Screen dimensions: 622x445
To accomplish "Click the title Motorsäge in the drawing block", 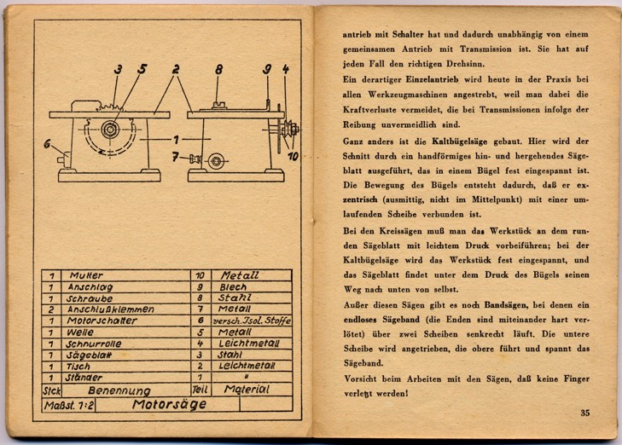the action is [x=169, y=404].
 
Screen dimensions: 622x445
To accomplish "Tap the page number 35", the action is [x=585, y=413].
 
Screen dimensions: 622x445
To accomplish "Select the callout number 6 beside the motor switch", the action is [x=47, y=143].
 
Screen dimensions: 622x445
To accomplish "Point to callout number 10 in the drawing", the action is [x=294, y=157].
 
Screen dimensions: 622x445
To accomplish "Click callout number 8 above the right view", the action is [x=219, y=70].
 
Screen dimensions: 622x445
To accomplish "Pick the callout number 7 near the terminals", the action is [x=175, y=157].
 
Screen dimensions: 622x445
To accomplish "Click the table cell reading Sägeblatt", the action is [x=89, y=355].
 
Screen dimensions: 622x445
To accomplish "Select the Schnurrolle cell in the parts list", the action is [x=94, y=344].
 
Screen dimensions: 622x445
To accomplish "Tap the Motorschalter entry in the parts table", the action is [x=102, y=321].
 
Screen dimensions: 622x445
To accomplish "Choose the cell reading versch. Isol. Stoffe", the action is [x=252, y=321].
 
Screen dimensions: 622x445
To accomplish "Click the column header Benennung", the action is [x=119, y=390].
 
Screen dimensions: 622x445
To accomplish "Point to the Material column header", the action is [x=247, y=390].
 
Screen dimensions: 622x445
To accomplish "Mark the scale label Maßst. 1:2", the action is [x=69, y=406].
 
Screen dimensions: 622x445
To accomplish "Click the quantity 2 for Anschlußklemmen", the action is [x=51, y=309].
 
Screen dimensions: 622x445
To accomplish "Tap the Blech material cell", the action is [x=233, y=287].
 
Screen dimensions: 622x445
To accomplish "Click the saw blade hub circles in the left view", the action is [x=110, y=130].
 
